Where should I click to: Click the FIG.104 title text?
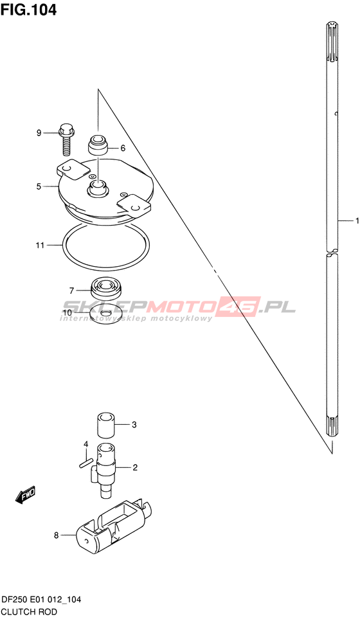tap(28, 10)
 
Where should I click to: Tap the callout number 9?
tap(39, 133)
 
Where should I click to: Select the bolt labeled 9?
tap(66, 139)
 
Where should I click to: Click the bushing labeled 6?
tap(98, 145)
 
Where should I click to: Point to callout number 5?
tap(39, 186)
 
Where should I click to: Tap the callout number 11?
tap(40, 246)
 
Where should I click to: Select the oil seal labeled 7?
tap(106, 289)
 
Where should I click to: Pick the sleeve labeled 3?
tap(107, 425)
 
